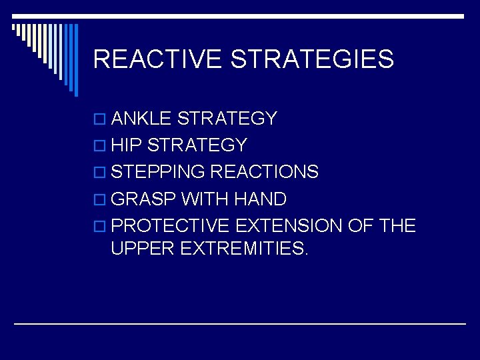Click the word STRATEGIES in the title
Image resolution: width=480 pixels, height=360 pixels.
(312, 59)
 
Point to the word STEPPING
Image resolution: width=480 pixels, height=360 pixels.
(158, 172)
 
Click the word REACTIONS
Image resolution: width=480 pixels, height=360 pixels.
(264, 172)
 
